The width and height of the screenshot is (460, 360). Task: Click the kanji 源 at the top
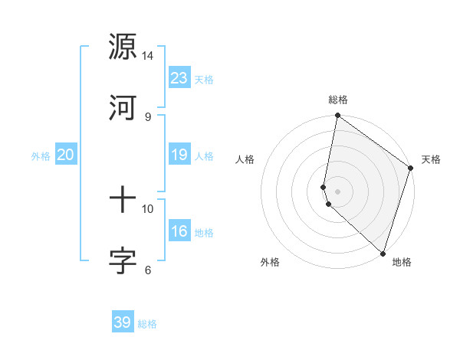tap(123, 47)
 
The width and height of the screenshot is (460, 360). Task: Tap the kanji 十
tap(123, 200)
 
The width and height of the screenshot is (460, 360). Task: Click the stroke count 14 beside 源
tap(148, 56)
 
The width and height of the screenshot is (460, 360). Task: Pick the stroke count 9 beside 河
tap(148, 116)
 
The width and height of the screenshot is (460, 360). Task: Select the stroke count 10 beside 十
tap(148, 208)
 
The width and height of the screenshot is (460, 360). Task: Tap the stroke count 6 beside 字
tap(148, 270)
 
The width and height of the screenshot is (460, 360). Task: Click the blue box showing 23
tap(179, 78)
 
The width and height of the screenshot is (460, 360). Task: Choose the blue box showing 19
tap(179, 155)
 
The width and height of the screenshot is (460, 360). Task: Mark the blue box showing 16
tap(179, 231)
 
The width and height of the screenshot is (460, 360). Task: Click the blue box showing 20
tap(65, 155)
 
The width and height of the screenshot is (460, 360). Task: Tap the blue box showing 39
tap(123, 322)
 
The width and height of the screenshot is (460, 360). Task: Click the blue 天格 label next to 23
tap(204, 80)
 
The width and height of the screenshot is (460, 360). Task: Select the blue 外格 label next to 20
tap(41, 156)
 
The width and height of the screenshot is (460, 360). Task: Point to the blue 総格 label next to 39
tap(147, 324)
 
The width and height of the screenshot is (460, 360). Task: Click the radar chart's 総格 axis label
tap(338, 100)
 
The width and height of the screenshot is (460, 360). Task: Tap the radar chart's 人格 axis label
tap(245, 159)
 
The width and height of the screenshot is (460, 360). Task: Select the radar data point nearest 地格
tap(383, 253)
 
